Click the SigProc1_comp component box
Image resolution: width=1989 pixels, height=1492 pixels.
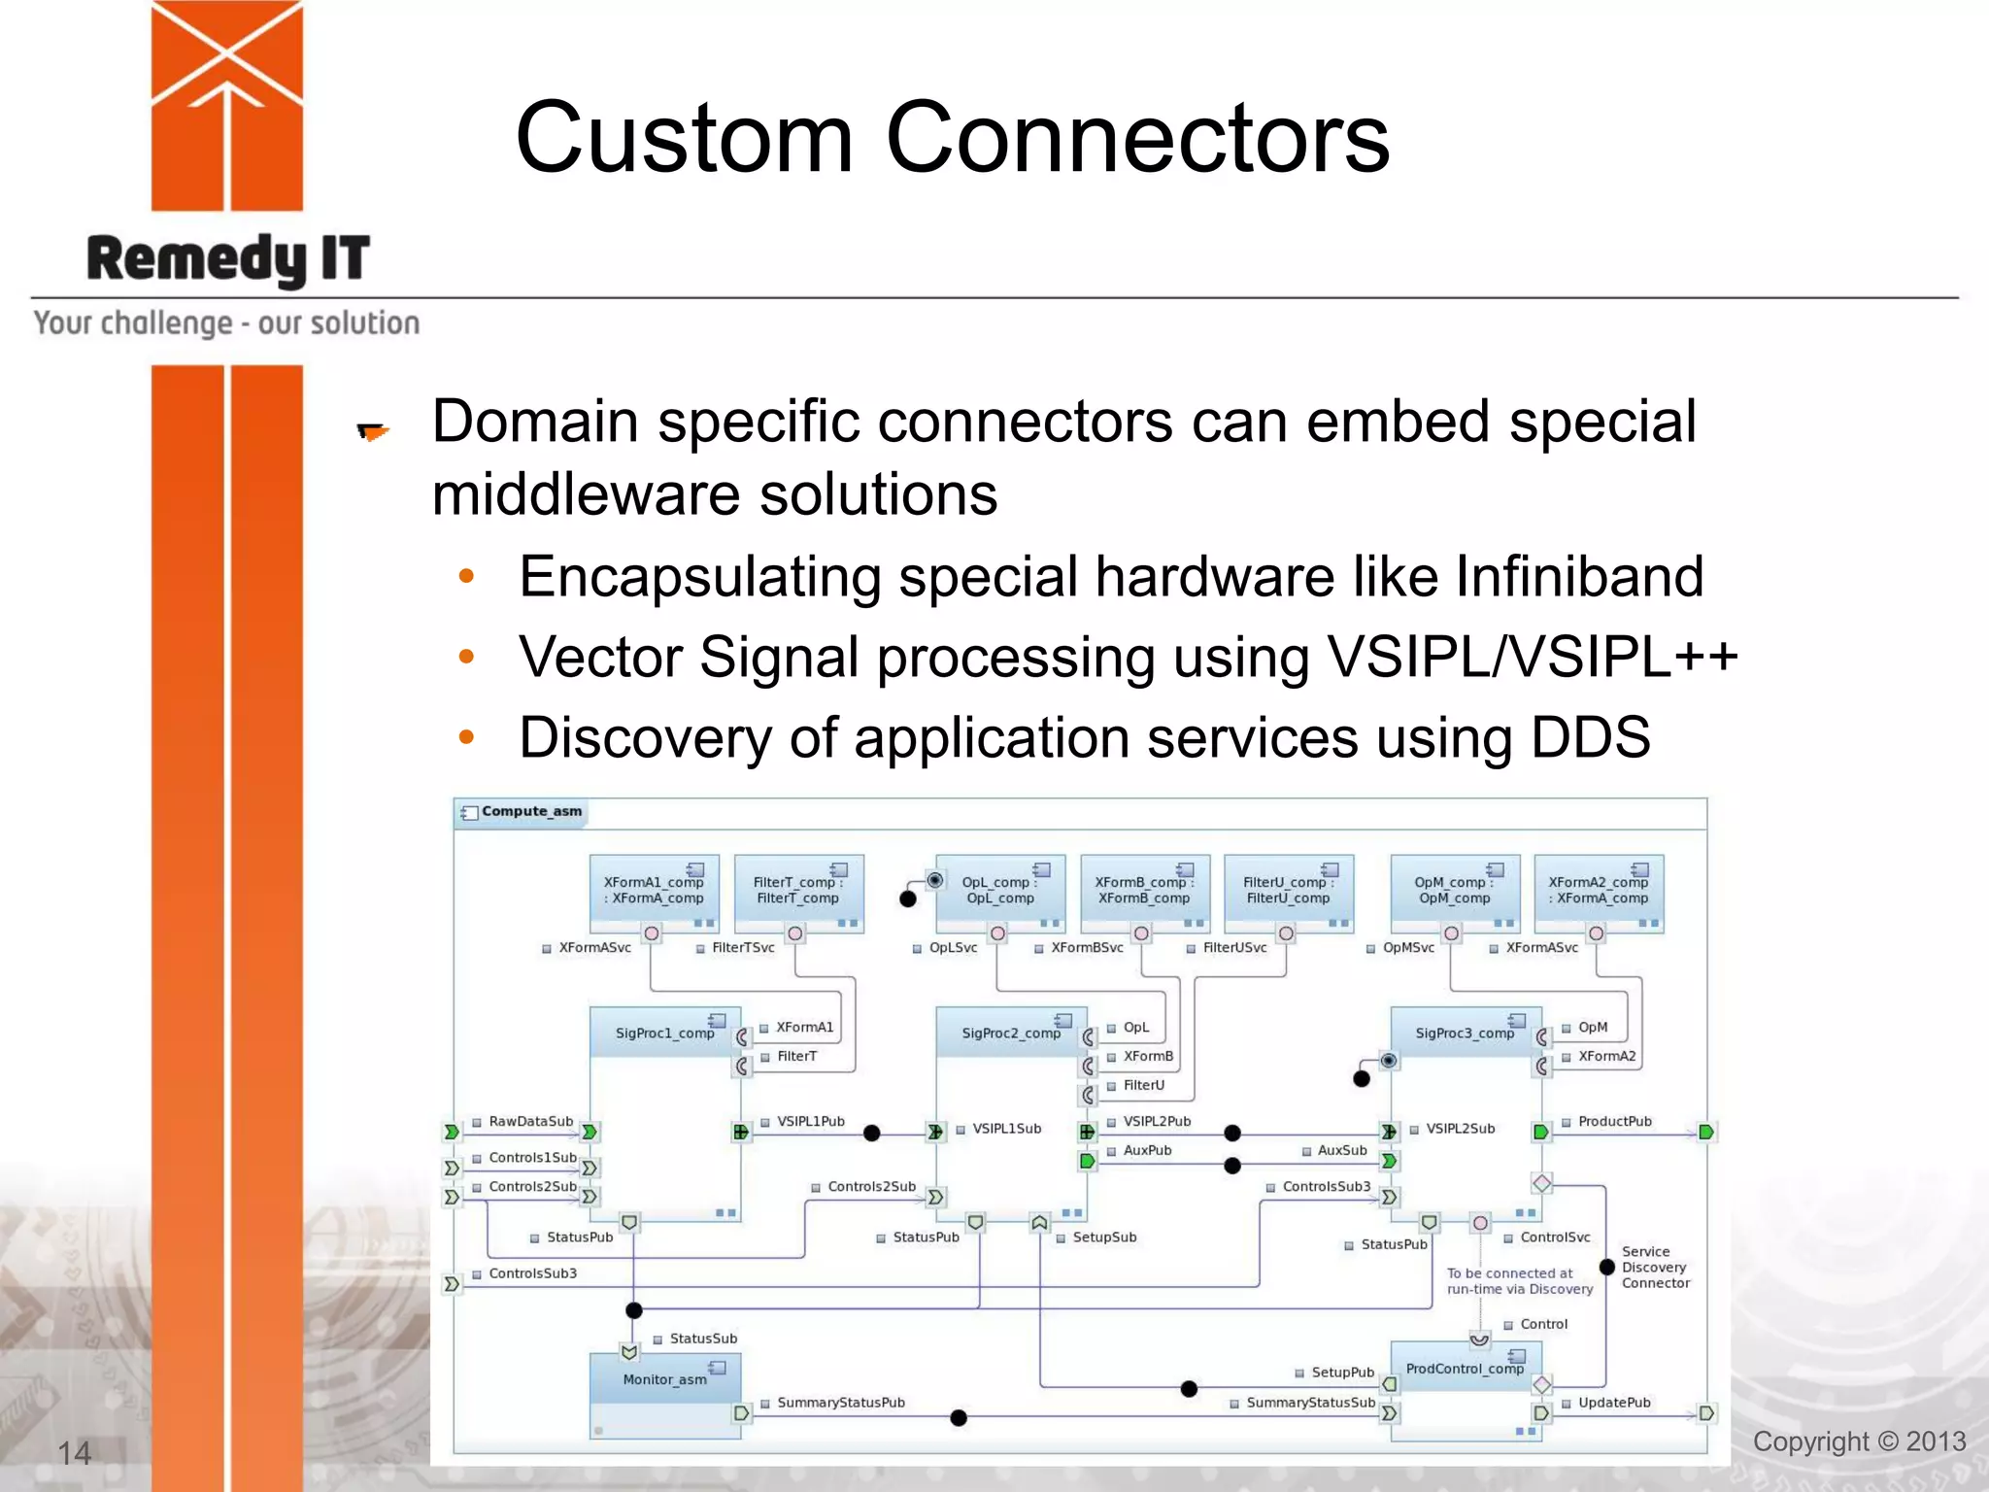click(x=664, y=1033)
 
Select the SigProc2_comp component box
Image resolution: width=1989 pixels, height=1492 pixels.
click(x=1010, y=1033)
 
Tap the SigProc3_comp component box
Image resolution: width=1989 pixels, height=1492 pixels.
click(x=1465, y=1033)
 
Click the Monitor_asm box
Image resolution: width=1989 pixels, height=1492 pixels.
click(x=664, y=1379)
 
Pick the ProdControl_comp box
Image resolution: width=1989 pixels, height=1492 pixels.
click(x=1465, y=1369)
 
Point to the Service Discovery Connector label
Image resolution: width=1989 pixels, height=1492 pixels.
click(x=1656, y=1268)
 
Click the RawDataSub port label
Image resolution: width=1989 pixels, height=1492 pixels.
click(x=530, y=1122)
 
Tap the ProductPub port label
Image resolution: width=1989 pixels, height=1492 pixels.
click(x=1614, y=1122)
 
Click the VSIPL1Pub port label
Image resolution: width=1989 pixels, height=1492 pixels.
click(x=810, y=1122)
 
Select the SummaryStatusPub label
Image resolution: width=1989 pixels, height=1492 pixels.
click(x=840, y=1403)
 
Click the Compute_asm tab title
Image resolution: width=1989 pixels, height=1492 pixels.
click(x=531, y=811)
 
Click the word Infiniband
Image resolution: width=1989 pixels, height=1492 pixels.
click(x=1579, y=577)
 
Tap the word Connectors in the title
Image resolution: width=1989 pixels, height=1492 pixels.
click(x=1137, y=138)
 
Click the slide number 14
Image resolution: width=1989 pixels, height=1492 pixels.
click(x=74, y=1453)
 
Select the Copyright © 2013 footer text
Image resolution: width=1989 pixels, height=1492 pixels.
click(x=1859, y=1441)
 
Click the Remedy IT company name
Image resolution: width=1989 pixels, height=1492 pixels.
click(x=228, y=259)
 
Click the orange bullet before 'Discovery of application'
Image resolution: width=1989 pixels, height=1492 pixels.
click(x=466, y=737)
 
